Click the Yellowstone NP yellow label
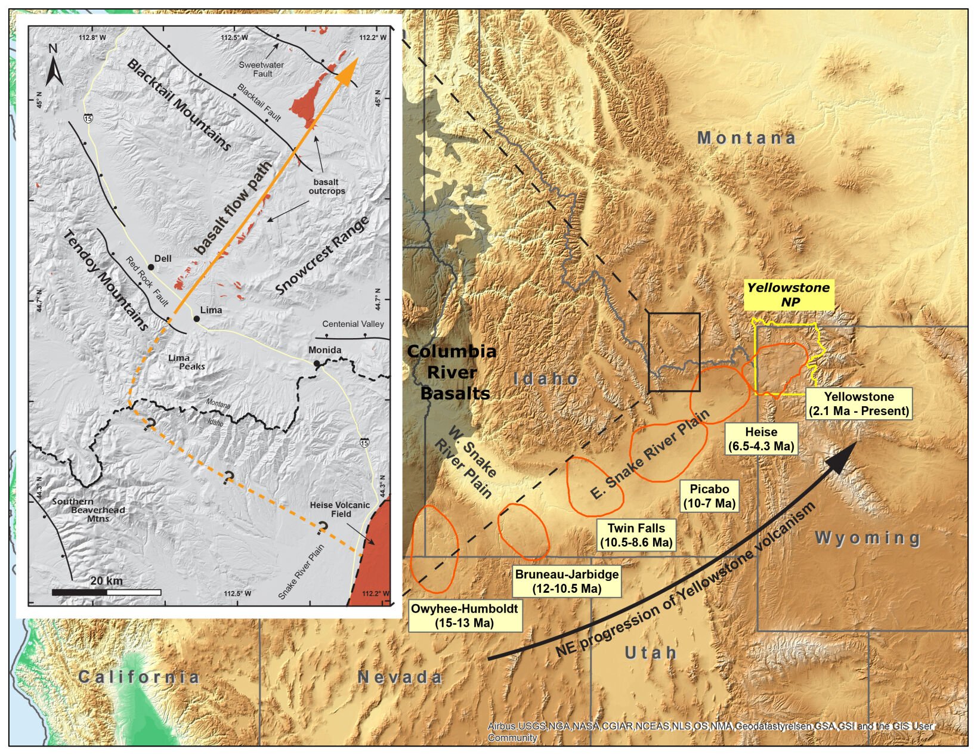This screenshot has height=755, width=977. click(x=789, y=295)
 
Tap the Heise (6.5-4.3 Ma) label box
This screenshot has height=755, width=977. click(x=761, y=439)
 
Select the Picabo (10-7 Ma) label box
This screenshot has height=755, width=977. click(x=709, y=496)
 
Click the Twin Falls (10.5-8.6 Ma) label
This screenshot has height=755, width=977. click(x=636, y=535)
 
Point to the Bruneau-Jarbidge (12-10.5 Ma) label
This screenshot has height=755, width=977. click(x=567, y=581)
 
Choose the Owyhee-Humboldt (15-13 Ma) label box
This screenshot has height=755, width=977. click(x=465, y=616)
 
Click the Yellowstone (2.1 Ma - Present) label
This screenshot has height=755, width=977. click(x=859, y=404)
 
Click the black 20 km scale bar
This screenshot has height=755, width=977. click(x=79, y=592)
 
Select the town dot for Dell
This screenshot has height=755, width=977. click(x=151, y=267)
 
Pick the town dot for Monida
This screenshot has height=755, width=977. click(x=317, y=363)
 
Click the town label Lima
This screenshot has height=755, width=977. click(x=211, y=310)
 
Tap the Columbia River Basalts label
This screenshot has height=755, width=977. click(x=452, y=372)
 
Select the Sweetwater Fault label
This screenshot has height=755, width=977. click(x=261, y=69)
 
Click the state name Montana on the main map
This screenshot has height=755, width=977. click(x=746, y=138)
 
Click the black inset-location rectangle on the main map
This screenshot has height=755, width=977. click(x=674, y=352)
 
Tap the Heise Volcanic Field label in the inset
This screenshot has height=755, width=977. click(x=339, y=509)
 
